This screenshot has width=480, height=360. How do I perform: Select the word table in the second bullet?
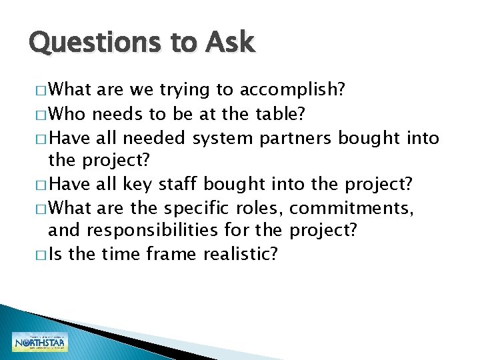(x=281, y=114)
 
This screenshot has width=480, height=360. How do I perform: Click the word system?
(x=223, y=138)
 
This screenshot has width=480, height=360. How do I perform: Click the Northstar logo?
(x=40, y=341)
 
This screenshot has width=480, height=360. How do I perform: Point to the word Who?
(x=67, y=114)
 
